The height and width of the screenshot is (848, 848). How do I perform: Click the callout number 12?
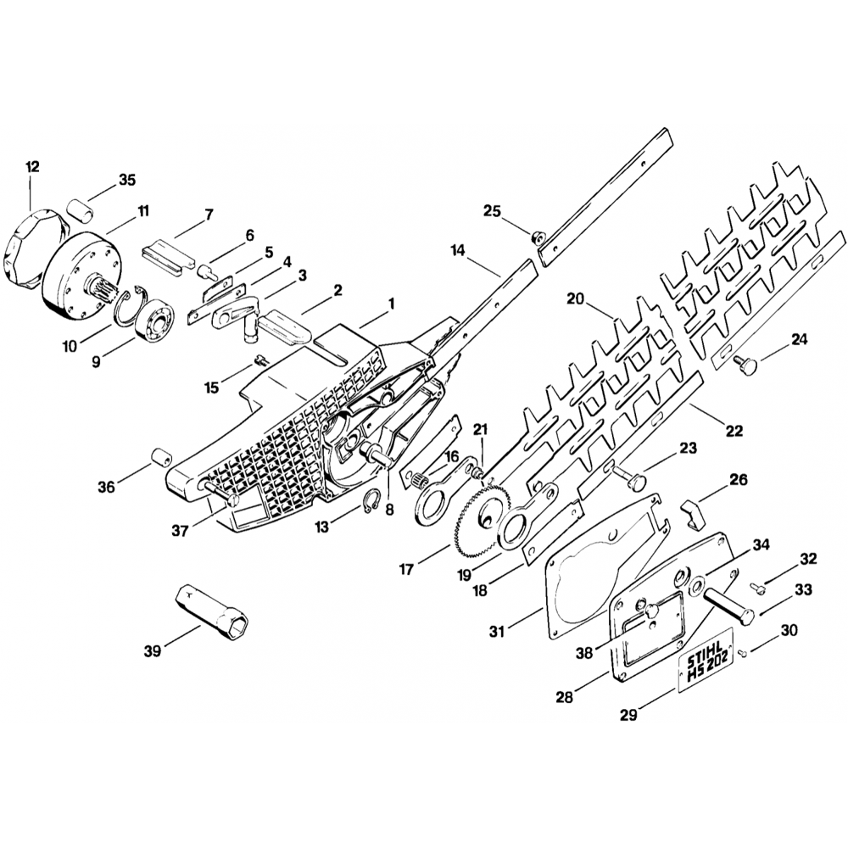pyautogui.click(x=32, y=167)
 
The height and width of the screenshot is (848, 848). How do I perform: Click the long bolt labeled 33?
pyautogui.click(x=728, y=605)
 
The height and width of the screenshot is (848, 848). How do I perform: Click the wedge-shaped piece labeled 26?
pyautogui.click(x=693, y=510)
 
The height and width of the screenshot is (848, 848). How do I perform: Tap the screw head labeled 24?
pyautogui.click(x=747, y=365)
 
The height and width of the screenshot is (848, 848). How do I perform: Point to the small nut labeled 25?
pyautogui.click(x=536, y=237)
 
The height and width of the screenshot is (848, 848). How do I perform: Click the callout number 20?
pyautogui.click(x=577, y=299)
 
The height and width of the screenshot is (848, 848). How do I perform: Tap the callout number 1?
pyautogui.click(x=391, y=304)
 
